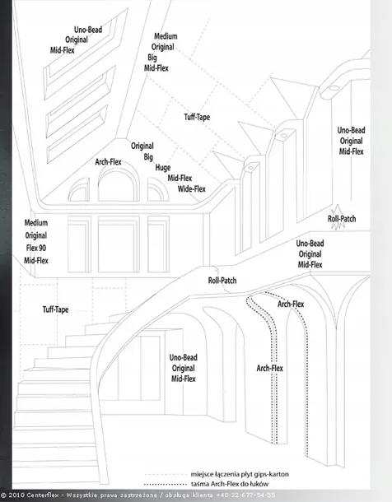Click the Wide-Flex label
coord(192,189)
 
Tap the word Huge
coord(163,167)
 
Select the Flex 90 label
coord(36,248)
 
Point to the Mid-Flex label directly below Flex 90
coord(36,261)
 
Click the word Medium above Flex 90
coord(36,223)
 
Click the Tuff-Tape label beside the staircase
coord(55,309)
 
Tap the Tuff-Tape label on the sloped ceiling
coord(197,117)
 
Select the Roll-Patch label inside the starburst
coord(342,219)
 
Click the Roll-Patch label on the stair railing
coord(222,281)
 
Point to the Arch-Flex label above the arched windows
coord(108,161)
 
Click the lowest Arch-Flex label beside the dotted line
coord(269,368)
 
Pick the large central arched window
coord(119,169)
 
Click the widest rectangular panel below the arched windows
coord(119,244)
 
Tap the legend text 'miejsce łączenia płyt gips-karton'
coord(240,474)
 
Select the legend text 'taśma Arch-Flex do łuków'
coord(230,484)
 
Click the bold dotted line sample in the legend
coord(166,484)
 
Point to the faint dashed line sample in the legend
coord(166,475)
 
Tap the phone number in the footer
coord(245,495)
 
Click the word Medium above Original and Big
coord(166,36)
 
